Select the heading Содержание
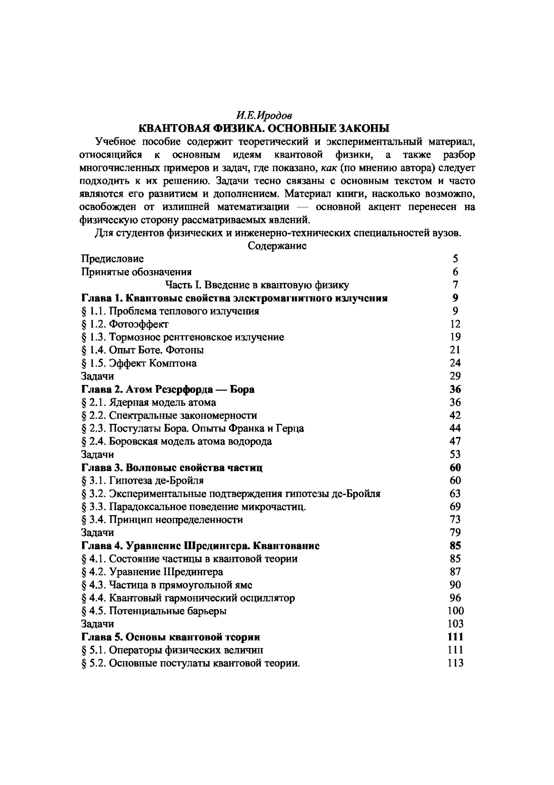click(277, 246)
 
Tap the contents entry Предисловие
click(112, 259)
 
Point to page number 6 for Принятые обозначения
click(455, 272)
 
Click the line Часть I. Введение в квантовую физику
click(257, 285)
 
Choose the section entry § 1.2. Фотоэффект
click(125, 324)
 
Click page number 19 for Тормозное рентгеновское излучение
click(455, 337)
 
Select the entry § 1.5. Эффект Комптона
click(139, 363)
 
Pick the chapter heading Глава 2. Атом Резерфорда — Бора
click(168, 389)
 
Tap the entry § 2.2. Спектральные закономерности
click(169, 415)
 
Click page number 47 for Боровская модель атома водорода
click(455, 441)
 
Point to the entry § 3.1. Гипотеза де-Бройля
click(143, 481)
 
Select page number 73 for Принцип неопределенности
click(455, 520)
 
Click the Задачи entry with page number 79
click(98, 533)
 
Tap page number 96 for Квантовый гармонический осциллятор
click(455, 598)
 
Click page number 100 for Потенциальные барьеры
click(455, 611)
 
